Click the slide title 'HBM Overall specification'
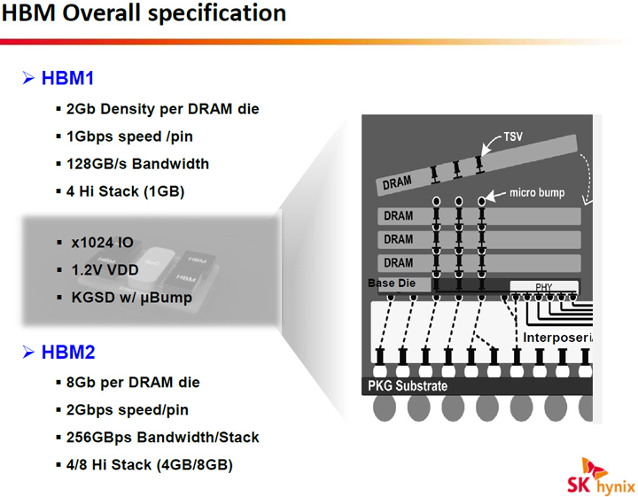coord(144,15)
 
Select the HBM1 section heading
coord(67,79)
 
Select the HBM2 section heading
coord(67,353)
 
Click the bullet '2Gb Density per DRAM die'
coord(162,109)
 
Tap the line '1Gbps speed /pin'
coord(129,136)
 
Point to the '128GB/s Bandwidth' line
coord(137,164)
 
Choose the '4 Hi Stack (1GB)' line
coord(132,190)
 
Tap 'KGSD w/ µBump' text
coord(131,298)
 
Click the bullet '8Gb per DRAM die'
coord(134,383)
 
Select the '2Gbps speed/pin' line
coord(128,410)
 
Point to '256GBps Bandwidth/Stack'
coord(163,438)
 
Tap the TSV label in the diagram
coord(514,138)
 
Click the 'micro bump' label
coord(538,193)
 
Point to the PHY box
coord(543,287)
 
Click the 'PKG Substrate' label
coord(408,386)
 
